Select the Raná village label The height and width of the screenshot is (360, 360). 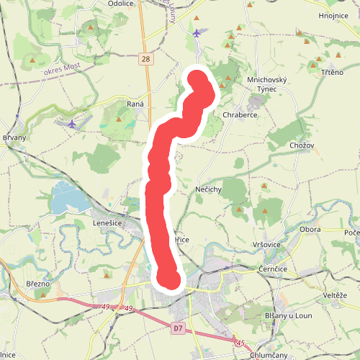pyautogui.click(x=135, y=104)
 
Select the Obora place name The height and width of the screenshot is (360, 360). pyautogui.click(x=310, y=230)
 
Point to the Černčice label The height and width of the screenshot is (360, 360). pyautogui.click(x=274, y=268)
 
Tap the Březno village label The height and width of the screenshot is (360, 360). pyautogui.click(x=37, y=284)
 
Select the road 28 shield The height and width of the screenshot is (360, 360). pyautogui.click(x=146, y=59)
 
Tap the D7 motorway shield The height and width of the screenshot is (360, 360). pyautogui.click(x=179, y=328)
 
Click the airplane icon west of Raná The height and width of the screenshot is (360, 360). pyautogui.click(x=71, y=123)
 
